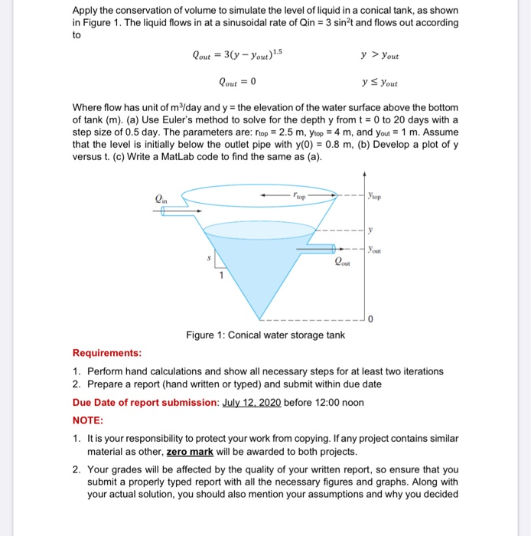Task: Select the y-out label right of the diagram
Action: click(x=375, y=248)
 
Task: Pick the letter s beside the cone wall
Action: click(x=204, y=260)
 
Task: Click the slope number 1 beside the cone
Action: click(x=222, y=276)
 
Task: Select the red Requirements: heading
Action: click(x=107, y=353)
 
